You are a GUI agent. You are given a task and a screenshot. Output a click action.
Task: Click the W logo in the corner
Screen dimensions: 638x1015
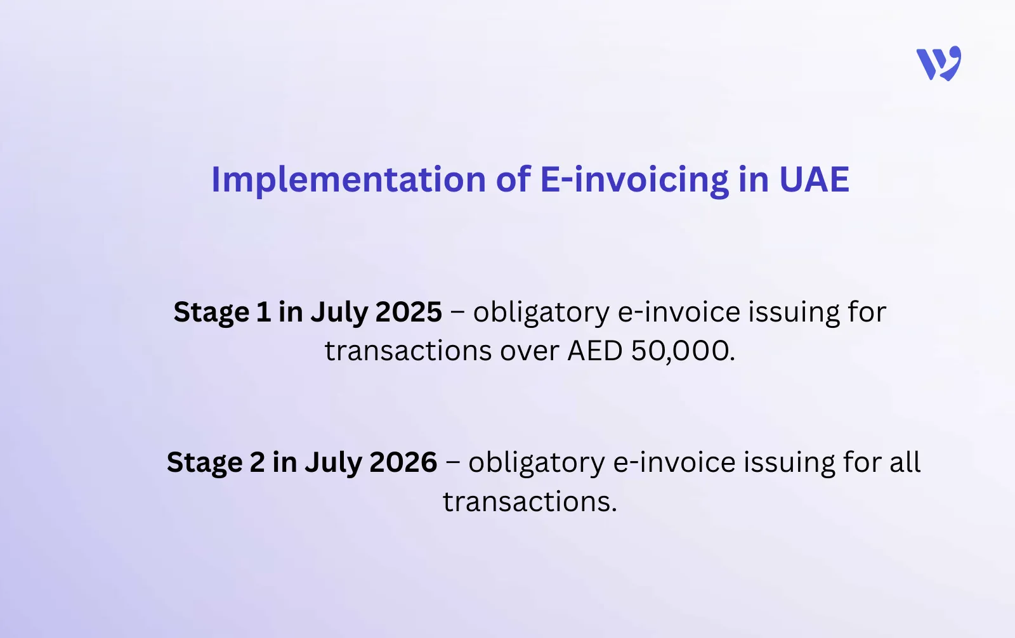pos(938,63)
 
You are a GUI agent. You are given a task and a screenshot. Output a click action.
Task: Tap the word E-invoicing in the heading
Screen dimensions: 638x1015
pos(634,179)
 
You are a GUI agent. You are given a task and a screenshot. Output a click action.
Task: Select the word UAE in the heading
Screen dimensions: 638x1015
pos(814,179)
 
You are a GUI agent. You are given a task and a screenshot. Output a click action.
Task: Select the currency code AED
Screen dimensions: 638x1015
pos(595,351)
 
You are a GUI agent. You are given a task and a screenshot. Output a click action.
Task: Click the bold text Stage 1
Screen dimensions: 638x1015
pos(222,312)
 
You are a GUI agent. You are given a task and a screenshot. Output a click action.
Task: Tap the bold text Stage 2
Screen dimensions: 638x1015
pos(216,462)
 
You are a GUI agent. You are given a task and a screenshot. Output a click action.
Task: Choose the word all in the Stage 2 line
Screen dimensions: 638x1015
pos(905,462)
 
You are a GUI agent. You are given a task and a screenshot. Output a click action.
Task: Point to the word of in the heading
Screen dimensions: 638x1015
pos(513,179)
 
